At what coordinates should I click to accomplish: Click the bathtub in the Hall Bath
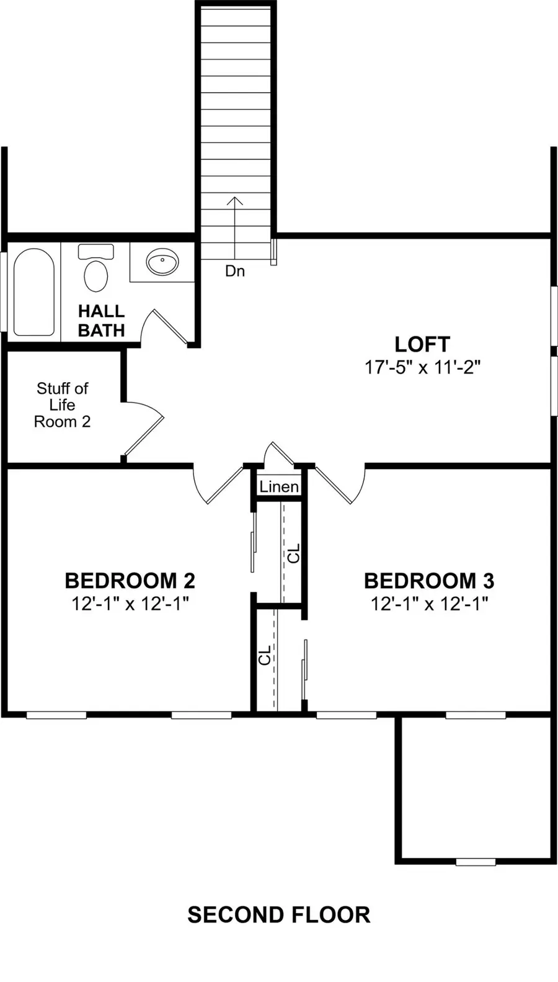coord(33,292)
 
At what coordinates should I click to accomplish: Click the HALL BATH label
coord(101,321)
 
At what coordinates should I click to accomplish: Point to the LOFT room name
coord(422,344)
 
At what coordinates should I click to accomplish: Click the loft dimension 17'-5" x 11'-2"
coord(423,367)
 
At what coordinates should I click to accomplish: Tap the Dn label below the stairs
coord(235,271)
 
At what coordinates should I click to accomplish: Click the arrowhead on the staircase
coord(235,201)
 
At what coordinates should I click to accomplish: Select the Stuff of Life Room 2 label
coord(62,404)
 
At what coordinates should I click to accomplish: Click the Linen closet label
coord(279,486)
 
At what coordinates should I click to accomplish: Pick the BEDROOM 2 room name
coord(130,581)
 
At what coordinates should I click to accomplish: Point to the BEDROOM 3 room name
coord(429,581)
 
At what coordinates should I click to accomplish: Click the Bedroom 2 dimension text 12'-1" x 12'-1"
coord(130,604)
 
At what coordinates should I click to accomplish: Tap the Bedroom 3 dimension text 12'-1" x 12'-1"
coord(429,604)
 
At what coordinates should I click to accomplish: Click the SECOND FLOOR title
coord(279,915)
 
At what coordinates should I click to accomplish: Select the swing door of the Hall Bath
coord(170,326)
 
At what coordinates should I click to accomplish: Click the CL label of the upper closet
coord(293,553)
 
